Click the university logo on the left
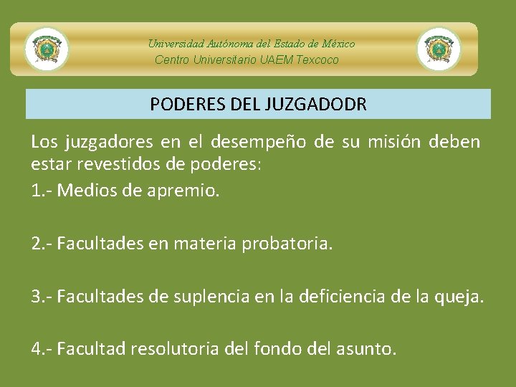[x=47, y=49]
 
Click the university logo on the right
[x=439, y=49]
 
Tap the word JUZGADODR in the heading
[x=316, y=105]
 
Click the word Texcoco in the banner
[x=317, y=60]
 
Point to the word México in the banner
[x=338, y=44]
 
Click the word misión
[x=394, y=142]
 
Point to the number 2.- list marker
[x=42, y=244]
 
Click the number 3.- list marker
[x=42, y=297]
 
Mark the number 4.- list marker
[x=42, y=349]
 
